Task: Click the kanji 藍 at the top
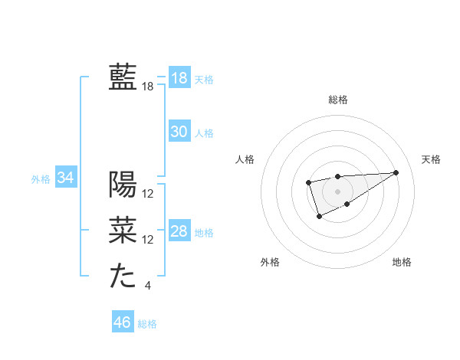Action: [x=123, y=77]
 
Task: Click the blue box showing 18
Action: [x=179, y=77]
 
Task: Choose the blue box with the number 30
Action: [x=179, y=132]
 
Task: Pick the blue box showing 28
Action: [x=179, y=231]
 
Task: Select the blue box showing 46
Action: [x=122, y=322]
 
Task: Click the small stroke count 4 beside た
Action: [x=148, y=286]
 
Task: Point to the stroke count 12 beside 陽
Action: [x=148, y=194]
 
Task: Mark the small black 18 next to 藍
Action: [x=148, y=87]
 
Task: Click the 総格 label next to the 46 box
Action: [x=147, y=324]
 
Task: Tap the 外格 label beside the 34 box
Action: [x=41, y=179]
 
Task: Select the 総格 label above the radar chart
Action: [x=337, y=100]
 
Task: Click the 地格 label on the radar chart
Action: [x=402, y=262]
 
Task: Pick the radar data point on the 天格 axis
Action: [x=396, y=172]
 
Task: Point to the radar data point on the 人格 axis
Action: [x=308, y=182]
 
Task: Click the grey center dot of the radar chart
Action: [x=337, y=191]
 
